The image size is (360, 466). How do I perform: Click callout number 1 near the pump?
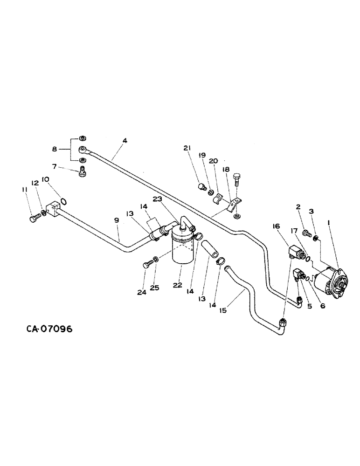tap(330, 224)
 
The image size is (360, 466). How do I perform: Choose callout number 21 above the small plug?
tap(187, 148)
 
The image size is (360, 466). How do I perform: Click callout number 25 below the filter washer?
tap(155, 288)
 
